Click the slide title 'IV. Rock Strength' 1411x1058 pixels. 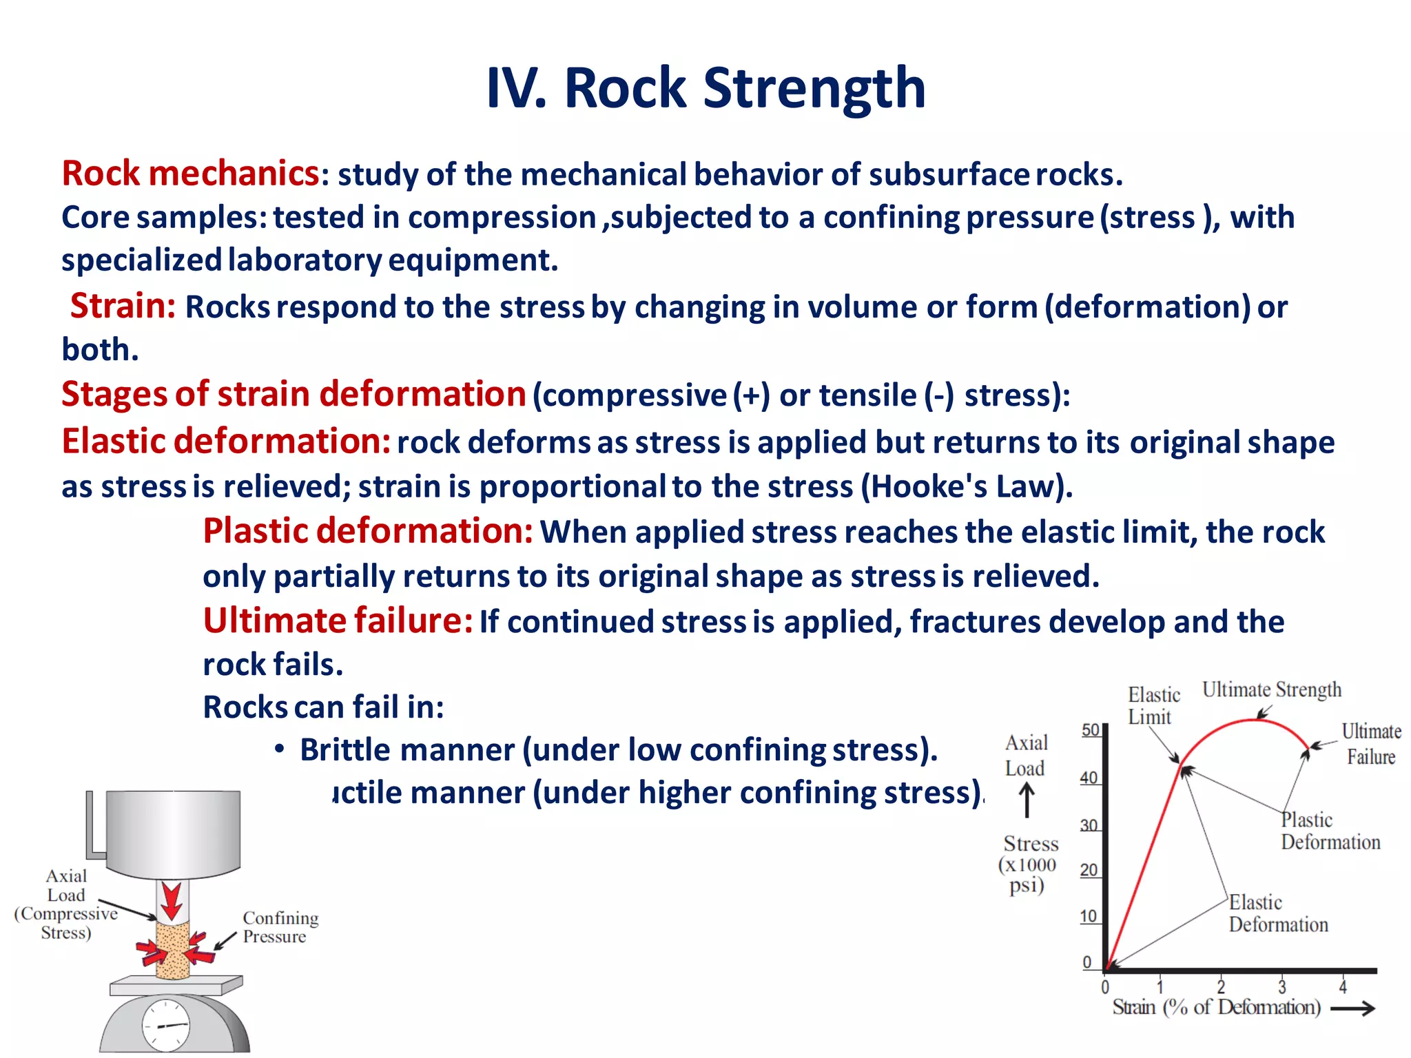click(705, 88)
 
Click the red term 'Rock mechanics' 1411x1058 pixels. click(190, 173)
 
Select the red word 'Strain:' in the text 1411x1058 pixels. click(123, 306)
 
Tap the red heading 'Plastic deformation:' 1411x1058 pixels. click(367, 531)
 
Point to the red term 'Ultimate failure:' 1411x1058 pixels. click(338, 621)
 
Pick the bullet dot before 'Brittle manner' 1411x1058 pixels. click(279, 749)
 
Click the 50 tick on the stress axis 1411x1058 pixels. click(1090, 730)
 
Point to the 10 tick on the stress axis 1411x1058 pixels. click(1089, 917)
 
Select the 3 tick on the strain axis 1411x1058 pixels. click(1282, 986)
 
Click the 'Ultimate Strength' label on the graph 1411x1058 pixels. click(1272, 689)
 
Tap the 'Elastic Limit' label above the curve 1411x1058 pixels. click(1153, 705)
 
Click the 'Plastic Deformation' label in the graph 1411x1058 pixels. click(1330, 831)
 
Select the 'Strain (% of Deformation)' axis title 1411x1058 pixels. click(1217, 1008)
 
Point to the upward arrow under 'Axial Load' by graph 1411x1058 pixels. click(1027, 801)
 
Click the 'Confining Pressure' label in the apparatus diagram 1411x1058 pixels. click(280, 927)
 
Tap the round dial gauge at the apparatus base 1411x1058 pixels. click(166, 1026)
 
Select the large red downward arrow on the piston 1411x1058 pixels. click(172, 901)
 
